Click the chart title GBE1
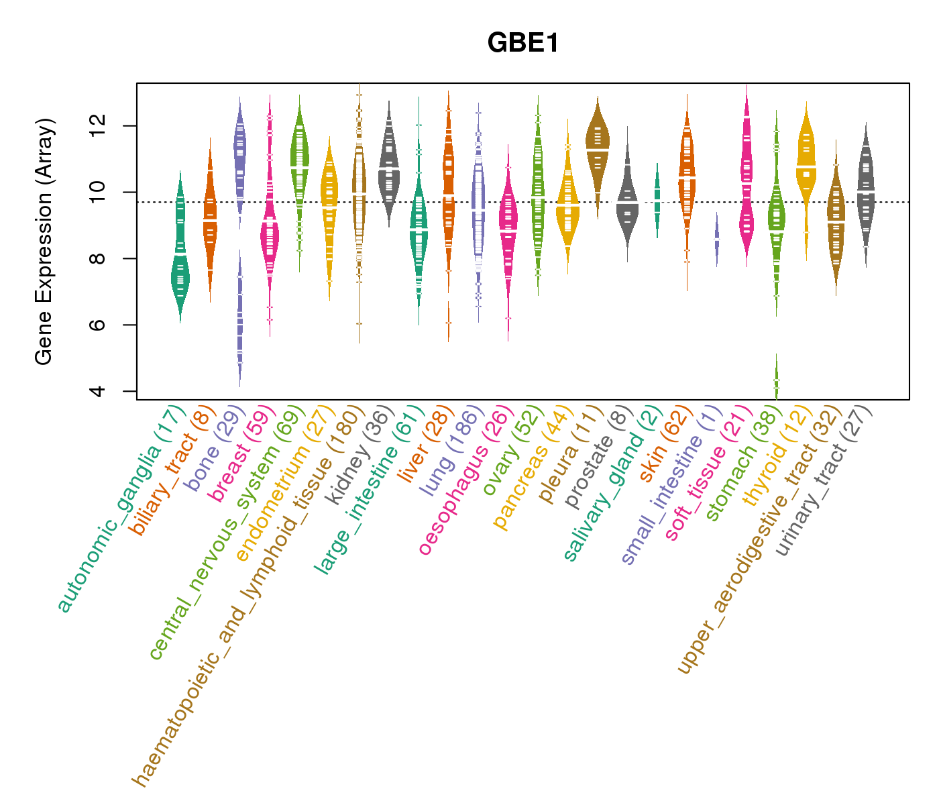tap(523, 43)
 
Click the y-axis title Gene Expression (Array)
tap(44, 241)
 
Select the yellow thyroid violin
tap(806, 168)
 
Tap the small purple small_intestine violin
tap(716, 239)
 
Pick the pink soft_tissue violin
tap(747, 188)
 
